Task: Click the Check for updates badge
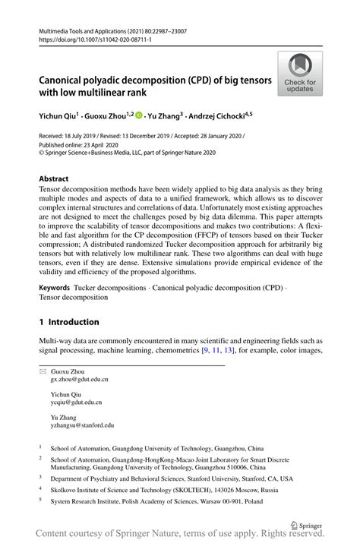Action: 300,74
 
